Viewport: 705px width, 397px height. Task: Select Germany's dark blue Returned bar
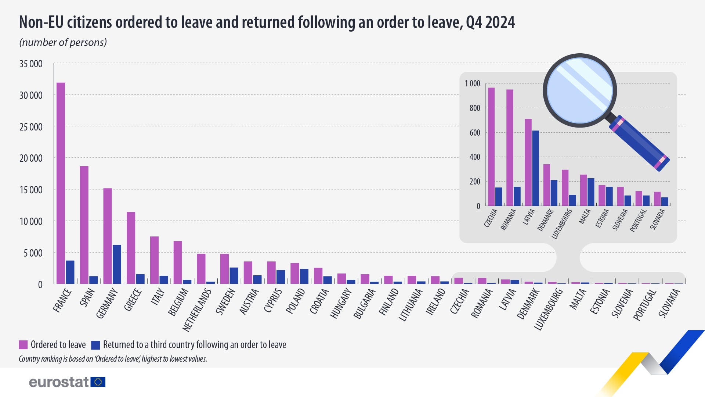117,264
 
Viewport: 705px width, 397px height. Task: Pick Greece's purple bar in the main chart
131,248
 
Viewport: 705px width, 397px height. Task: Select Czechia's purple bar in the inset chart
491,147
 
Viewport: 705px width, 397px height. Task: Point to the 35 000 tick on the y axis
31,64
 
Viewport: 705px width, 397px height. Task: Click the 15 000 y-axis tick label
31,190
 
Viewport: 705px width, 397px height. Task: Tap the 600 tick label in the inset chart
474,133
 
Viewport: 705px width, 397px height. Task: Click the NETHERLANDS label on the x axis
198,310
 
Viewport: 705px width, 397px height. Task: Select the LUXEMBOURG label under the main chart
549,309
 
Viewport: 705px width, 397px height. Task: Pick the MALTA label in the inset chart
585,216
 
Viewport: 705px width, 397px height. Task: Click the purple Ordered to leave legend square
23,345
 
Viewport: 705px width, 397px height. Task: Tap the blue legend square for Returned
95,345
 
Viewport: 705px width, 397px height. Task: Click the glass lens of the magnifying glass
579,90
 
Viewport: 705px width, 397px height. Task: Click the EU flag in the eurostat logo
98,382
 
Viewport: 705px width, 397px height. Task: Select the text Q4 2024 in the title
490,22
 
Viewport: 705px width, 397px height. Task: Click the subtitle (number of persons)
63,43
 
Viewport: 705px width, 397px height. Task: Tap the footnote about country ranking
113,359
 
